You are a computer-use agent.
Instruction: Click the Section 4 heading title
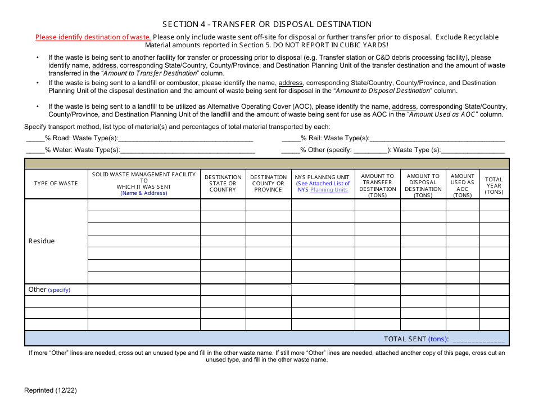pyautogui.click(x=267, y=24)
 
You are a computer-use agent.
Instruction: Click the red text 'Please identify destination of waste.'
pyautogui.click(x=93, y=37)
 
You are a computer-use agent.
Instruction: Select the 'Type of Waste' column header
pyautogui.click(x=56, y=184)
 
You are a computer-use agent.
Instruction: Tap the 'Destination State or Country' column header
pyautogui.click(x=223, y=184)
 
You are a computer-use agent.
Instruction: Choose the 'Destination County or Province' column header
pyautogui.click(x=268, y=184)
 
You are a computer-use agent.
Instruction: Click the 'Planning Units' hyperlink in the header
pyautogui.click(x=329, y=190)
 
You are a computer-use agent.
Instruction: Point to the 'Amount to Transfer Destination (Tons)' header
pyautogui.click(x=377, y=186)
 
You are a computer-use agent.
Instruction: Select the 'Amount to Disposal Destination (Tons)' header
pyautogui.click(x=423, y=186)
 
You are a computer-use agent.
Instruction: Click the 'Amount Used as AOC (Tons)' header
pyautogui.click(x=463, y=186)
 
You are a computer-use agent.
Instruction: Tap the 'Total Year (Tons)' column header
pyautogui.click(x=494, y=186)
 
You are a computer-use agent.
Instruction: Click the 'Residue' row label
pyautogui.click(x=42, y=241)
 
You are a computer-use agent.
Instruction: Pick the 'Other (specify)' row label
pyautogui.click(x=49, y=290)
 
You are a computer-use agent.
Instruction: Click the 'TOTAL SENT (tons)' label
pyautogui.click(x=415, y=339)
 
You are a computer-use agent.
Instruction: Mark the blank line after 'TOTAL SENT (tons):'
pyautogui.click(x=478, y=339)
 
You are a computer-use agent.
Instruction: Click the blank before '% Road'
pyautogui.click(x=35, y=139)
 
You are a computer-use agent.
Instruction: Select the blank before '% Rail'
pyautogui.click(x=291, y=139)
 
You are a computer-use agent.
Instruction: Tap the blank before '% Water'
pyautogui.click(x=35, y=150)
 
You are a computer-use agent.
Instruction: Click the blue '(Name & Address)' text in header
pyautogui.click(x=144, y=193)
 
